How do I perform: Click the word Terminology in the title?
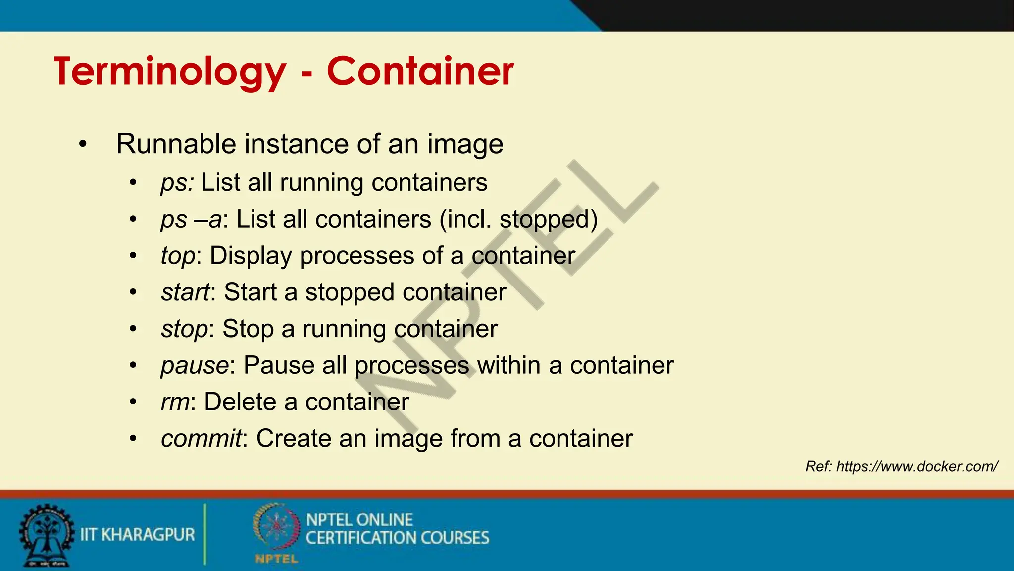170,72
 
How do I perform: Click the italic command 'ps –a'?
191,219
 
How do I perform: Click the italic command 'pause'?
195,366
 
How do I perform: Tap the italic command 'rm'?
175,402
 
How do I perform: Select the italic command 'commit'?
201,439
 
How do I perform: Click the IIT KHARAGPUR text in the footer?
138,535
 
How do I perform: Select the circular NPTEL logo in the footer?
276,528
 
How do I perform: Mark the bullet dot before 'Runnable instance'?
83,145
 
